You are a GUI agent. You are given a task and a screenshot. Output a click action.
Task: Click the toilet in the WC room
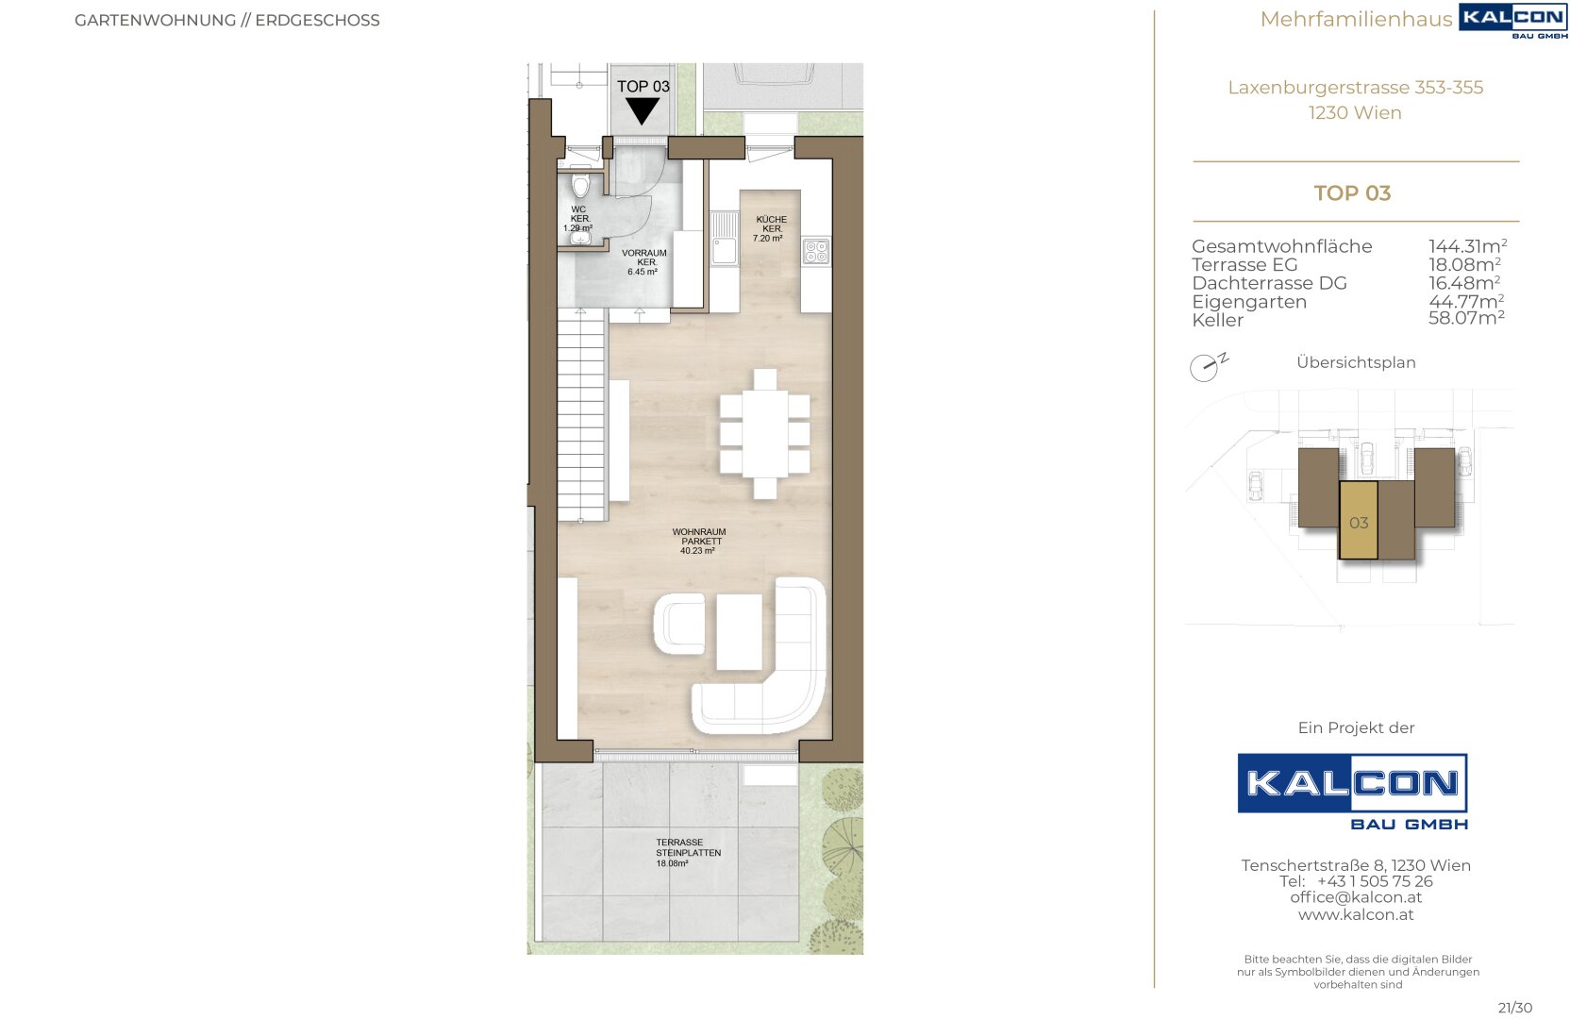pyautogui.click(x=579, y=185)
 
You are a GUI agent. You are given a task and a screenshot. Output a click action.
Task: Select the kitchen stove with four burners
pyautogui.click(x=816, y=252)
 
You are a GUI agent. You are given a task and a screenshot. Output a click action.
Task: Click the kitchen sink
pyautogui.click(x=724, y=239)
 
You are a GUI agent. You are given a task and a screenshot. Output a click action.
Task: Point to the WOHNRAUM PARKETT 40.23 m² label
pyautogui.click(x=699, y=541)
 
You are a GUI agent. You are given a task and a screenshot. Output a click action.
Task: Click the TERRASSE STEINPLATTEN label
pyautogui.click(x=688, y=853)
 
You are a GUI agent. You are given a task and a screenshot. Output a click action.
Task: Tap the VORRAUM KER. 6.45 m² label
pyautogui.click(x=644, y=262)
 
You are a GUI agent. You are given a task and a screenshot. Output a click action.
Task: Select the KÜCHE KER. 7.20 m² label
pyautogui.click(x=770, y=228)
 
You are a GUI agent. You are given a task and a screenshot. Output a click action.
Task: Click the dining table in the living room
pyautogui.click(x=764, y=434)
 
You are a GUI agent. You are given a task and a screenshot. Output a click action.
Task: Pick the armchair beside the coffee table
pyautogui.click(x=679, y=624)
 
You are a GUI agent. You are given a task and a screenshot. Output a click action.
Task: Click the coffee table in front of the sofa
pyautogui.click(x=740, y=631)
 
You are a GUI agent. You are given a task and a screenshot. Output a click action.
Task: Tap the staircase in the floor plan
pyautogui.click(x=581, y=415)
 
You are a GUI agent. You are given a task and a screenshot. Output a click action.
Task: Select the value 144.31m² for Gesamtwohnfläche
pyautogui.click(x=1468, y=246)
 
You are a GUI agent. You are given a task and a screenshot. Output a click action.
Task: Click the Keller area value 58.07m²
pyautogui.click(x=1466, y=318)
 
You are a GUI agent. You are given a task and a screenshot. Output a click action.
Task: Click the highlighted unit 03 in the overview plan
pyautogui.click(x=1359, y=520)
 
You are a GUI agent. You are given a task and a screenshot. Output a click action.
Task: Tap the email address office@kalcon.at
pyautogui.click(x=1356, y=897)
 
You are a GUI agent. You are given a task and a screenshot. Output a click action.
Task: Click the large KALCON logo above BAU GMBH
pyautogui.click(x=1352, y=783)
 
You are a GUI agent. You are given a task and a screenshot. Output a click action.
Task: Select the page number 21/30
pyautogui.click(x=1514, y=1008)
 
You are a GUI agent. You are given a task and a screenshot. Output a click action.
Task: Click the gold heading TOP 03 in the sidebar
pyautogui.click(x=1352, y=192)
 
